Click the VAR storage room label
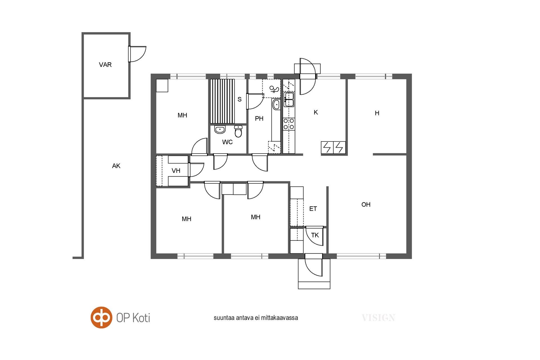[x=105, y=65]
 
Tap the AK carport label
[x=116, y=166]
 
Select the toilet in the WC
[x=238, y=131]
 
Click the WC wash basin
[x=220, y=130]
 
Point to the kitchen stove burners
[x=289, y=124]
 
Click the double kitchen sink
[x=289, y=100]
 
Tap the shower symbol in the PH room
[x=274, y=89]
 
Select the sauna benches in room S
[x=222, y=101]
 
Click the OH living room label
[x=366, y=204]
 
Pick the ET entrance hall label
[x=313, y=209]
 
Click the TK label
[x=315, y=235]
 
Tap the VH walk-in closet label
[x=176, y=170]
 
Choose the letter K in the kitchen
[x=316, y=112]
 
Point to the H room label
[x=377, y=113]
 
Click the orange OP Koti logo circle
[x=101, y=318]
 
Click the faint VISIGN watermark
[x=378, y=318]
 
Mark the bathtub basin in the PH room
[x=276, y=105]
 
